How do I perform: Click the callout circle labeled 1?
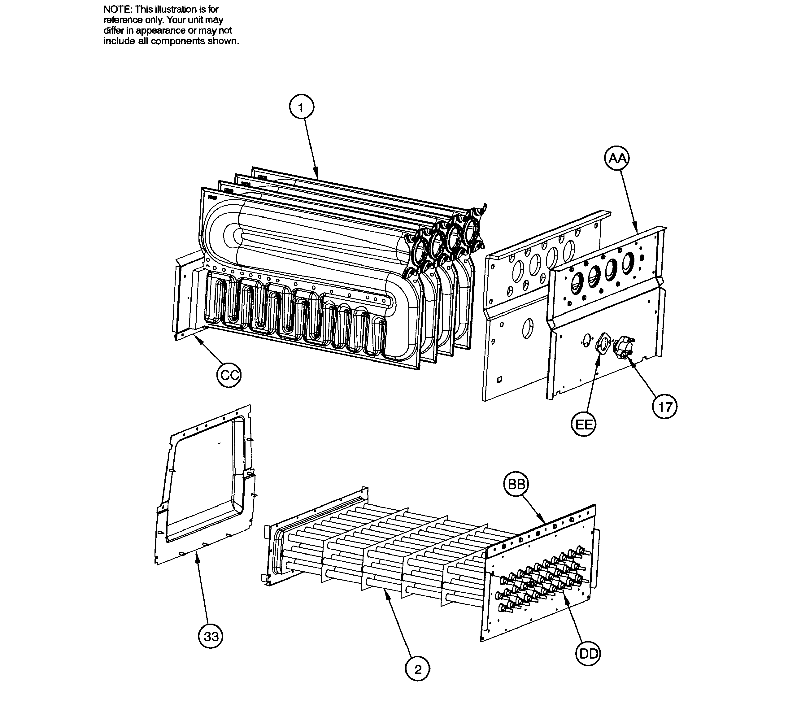coord(301,107)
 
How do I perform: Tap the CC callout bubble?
coord(229,375)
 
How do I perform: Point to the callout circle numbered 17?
coord(665,407)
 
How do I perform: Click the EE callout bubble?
coord(583,425)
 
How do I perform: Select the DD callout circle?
coord(588,654)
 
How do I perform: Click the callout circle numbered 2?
coord(417,669)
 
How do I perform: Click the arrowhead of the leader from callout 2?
coord(386,593)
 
